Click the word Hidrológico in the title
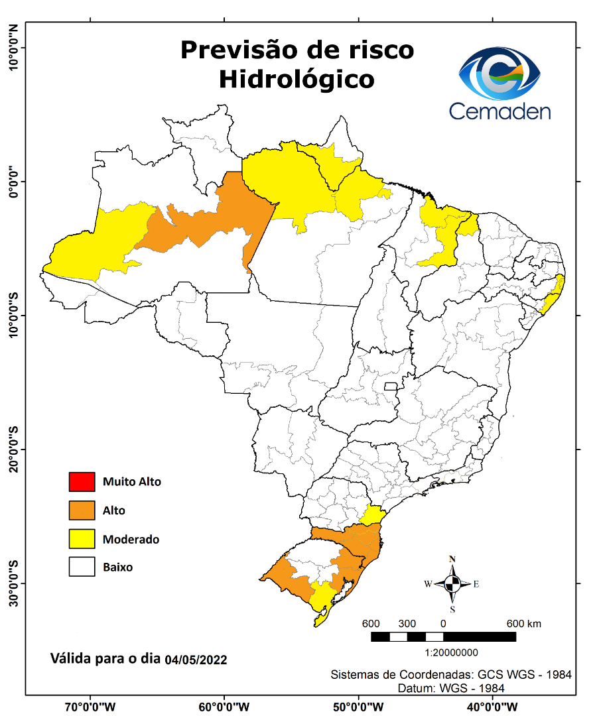click(x=297, y=79)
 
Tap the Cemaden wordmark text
click(x=499, y=110)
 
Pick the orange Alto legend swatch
click(x=82, y=510)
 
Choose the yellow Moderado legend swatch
click(x=82, y=539)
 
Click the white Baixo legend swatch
click(x=82, y=567)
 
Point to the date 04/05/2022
click(x=196, y=660)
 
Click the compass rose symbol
click(x=452, y=584)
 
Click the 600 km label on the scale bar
click(x=524, y=624)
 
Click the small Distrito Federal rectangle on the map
click(x=391, y=386)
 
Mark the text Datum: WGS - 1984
click(x=450, y=688)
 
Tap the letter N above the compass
click(x=452, y=559)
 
